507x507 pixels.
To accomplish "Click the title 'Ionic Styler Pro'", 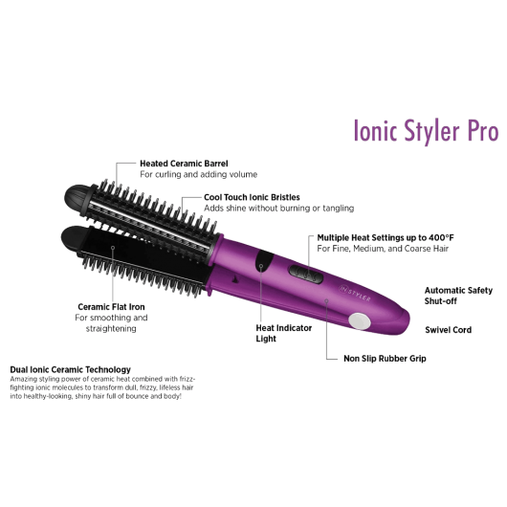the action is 426,131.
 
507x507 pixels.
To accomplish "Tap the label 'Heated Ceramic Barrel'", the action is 184,164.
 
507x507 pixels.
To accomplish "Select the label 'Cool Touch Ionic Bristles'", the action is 252,197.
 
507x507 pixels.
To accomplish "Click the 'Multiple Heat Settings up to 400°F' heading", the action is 386,237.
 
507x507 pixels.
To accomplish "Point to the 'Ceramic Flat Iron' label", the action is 111,307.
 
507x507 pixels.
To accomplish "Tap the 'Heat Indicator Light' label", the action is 283,333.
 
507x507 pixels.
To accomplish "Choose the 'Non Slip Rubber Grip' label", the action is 385,359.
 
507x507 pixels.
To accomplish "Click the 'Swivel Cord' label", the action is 448,330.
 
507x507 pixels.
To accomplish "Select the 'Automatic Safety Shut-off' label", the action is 458,296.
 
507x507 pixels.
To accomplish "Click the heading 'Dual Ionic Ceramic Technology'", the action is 70,369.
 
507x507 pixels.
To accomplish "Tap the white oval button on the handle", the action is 360,321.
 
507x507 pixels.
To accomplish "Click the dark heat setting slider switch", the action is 306,275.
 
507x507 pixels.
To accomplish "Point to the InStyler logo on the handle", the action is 355,293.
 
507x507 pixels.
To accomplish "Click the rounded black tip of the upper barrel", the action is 78,198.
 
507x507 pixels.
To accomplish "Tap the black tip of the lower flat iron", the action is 73,237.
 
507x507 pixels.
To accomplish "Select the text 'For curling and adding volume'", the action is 199,175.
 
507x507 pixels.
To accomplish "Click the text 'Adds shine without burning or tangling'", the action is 278,209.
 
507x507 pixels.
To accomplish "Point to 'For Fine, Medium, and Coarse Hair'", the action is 383,249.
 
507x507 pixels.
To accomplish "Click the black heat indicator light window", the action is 264,261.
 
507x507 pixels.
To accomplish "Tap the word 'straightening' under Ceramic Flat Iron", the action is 111,328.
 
